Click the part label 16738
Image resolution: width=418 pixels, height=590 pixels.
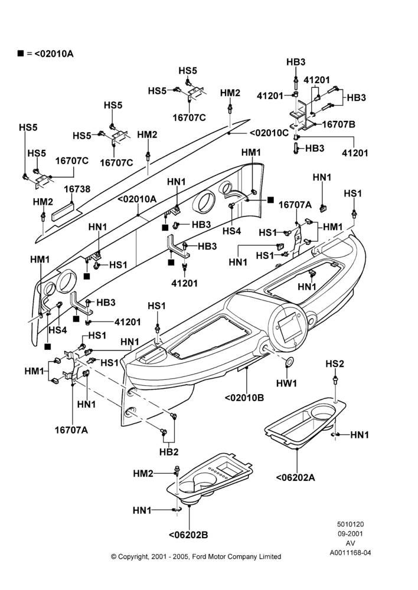[x=77, y=189]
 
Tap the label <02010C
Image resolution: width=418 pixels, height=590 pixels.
[x=269, y=133]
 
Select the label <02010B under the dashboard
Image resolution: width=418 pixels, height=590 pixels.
[x=244, y=397]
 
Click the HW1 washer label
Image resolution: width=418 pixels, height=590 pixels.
[x=286, y=383]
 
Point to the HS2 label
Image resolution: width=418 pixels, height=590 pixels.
[x=335, y=364]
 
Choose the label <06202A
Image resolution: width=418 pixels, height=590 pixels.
[x=296, y=477]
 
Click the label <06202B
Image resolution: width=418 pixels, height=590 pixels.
[x=188, y=535]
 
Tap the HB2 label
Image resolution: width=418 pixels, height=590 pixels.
[x=169, y=452]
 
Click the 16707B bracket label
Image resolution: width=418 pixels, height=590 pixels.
[x=339, y=124]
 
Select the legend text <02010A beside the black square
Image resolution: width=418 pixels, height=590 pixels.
[x=54, y=54]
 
